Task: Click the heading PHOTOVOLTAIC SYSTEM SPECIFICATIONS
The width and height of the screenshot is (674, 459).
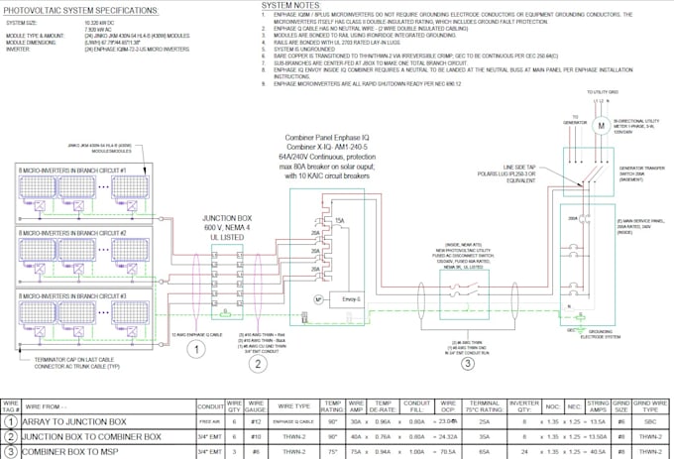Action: coord(78,9)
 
